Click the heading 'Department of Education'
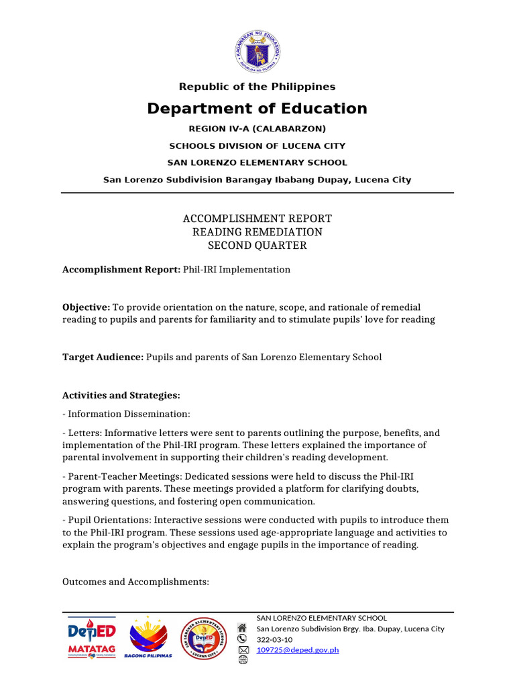click(257, 109)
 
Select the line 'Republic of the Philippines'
click(257, 87)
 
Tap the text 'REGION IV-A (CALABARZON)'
click(257, 128)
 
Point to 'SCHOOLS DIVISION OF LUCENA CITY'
click(257, 146)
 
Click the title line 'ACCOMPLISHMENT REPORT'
click(257, 219)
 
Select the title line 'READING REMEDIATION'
click(257, 232)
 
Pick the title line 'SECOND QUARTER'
click(257, 246)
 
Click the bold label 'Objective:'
click(87, 307)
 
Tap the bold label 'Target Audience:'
click(103, 357)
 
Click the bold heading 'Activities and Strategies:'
click(121, 395)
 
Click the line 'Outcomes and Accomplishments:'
click(135, 582)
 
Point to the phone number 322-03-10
click(275, 639)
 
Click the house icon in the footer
click(243, 628)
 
